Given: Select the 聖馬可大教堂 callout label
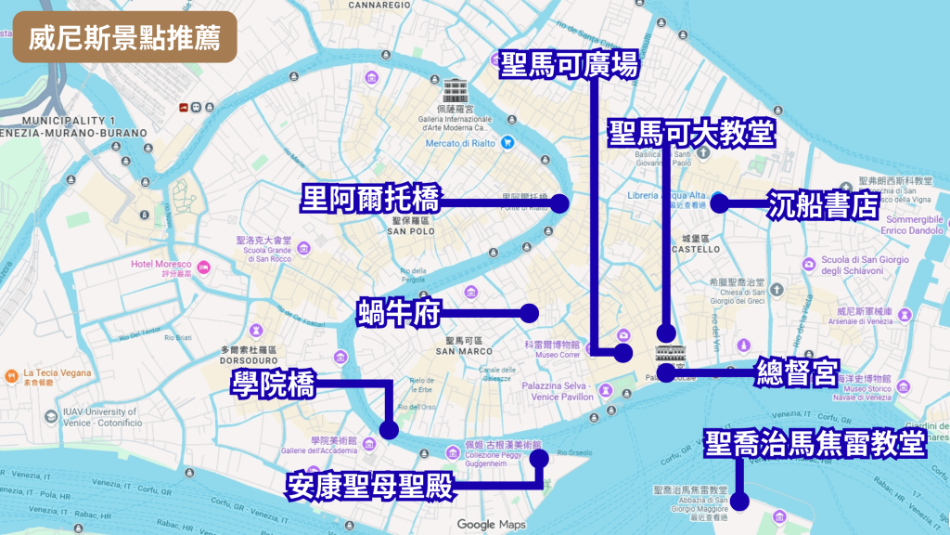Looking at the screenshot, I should [691, 133].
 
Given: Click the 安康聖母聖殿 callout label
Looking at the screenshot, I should [371, 485].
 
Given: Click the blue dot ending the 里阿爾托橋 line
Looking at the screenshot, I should [559, 203].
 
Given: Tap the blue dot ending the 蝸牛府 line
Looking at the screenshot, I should [530, 313].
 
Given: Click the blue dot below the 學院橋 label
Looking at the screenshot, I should [389, 430].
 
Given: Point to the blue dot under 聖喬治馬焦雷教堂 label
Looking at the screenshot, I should [739, 502].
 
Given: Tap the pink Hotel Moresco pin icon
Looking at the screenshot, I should [204, 268].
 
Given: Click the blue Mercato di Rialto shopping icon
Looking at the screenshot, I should [507, 143].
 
